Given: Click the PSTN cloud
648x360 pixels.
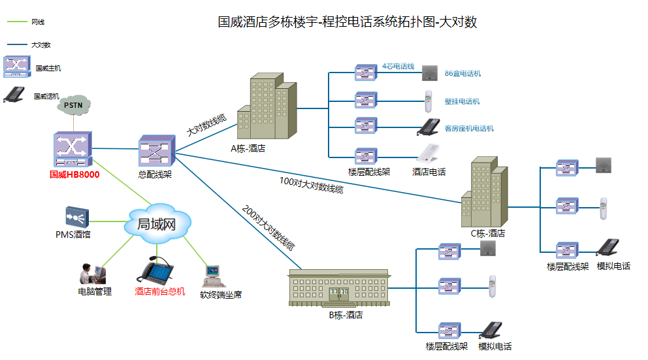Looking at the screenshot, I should click(73, 104).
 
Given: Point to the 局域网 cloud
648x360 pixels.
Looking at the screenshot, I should click(157, 225).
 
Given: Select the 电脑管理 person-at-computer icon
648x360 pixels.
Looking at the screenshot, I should click(93, 274).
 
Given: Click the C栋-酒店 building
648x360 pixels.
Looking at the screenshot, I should click(485, 194).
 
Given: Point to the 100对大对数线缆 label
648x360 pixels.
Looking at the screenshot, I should click(311, 186).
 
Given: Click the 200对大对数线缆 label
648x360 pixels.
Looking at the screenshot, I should click(268, 228).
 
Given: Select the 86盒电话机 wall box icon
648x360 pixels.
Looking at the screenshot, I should click(429, 72).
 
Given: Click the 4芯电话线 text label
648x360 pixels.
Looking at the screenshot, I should click(398, 66).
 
